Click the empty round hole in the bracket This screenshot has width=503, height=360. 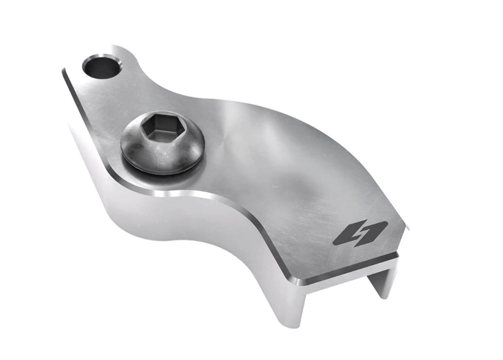(x=102, y=67)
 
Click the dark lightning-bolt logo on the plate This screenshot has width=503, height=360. (x=360, y=233)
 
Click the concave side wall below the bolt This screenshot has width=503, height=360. (x=181, y=226)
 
